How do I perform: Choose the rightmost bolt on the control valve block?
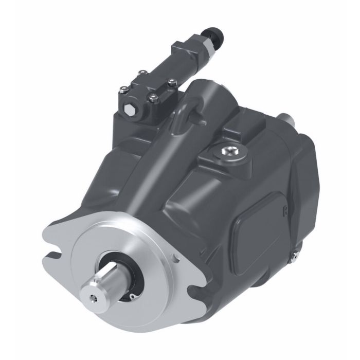point(171,80)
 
